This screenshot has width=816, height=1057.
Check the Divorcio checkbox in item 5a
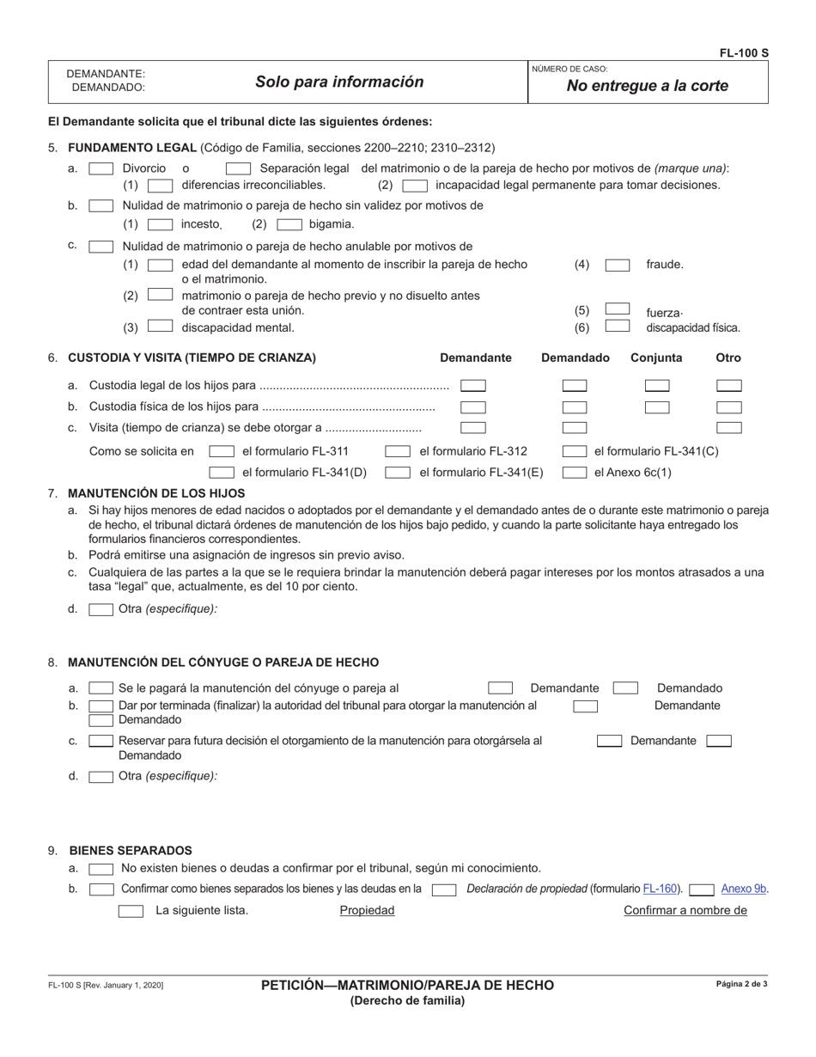click(x=101, y=169)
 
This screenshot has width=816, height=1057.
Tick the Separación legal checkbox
click(x=238, y=169)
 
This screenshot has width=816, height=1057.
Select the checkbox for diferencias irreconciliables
click(x=160, y=185)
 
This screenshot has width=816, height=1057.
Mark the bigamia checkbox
click(x=289, y=224)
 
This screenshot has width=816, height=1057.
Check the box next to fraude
click(x=618, y=266)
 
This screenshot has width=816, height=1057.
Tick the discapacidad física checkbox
click(x=618, y=327)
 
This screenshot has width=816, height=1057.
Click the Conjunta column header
click(x=656, y=357)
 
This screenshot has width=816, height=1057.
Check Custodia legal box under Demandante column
click(x=473, y=387)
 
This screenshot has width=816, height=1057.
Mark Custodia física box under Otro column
click(x=729, y=407)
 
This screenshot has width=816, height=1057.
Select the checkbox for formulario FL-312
click(x=398, y=451)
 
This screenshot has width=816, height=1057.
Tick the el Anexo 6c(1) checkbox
click(x=575, y=472)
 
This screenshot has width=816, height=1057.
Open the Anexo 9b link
click(x=744, y=889)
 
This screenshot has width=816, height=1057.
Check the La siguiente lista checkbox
click(x=131, y=911)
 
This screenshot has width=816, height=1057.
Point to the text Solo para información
click(x=339, y=82)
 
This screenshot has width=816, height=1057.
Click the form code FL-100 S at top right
click(x=743, y=53)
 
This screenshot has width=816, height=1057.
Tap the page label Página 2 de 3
click(x=741, y=984)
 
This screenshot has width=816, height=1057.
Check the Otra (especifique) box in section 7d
click(x=101, y=609)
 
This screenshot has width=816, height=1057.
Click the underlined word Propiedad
click(x=367, y=911)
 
